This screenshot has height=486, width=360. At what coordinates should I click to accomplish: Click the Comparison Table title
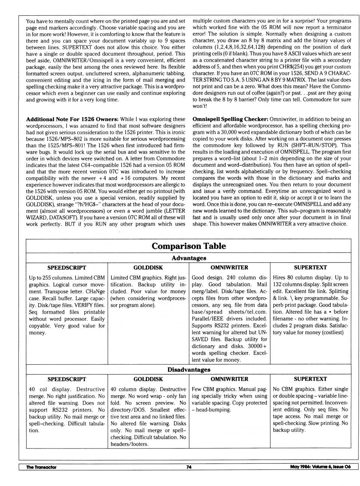[x=189, y=246]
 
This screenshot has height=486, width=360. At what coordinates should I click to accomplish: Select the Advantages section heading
[x=189, y=258]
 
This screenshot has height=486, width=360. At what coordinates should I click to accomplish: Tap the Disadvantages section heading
[x=189, y=369]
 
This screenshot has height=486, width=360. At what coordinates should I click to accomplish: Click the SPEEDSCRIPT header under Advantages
[x=67, y=268]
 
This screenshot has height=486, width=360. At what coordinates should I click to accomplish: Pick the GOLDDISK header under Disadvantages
[x=148, y=379]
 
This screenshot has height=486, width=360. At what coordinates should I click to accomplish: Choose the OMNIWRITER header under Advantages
[x=229, y=268]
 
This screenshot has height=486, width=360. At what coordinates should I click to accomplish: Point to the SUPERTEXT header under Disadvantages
[x=310, y=379]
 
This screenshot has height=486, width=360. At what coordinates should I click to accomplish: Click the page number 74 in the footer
[x=189, y=467]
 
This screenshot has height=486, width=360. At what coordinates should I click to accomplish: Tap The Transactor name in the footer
[x=41, y=467]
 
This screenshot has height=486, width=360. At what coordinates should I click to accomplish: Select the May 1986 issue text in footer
[x=320, y=467]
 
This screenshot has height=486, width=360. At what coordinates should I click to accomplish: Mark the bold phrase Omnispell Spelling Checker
[x=230, y=119]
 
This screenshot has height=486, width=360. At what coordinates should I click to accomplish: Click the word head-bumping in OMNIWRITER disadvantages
[x=213, y=410]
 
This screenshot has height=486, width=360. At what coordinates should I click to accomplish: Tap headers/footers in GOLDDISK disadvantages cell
[x=129, y=444]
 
